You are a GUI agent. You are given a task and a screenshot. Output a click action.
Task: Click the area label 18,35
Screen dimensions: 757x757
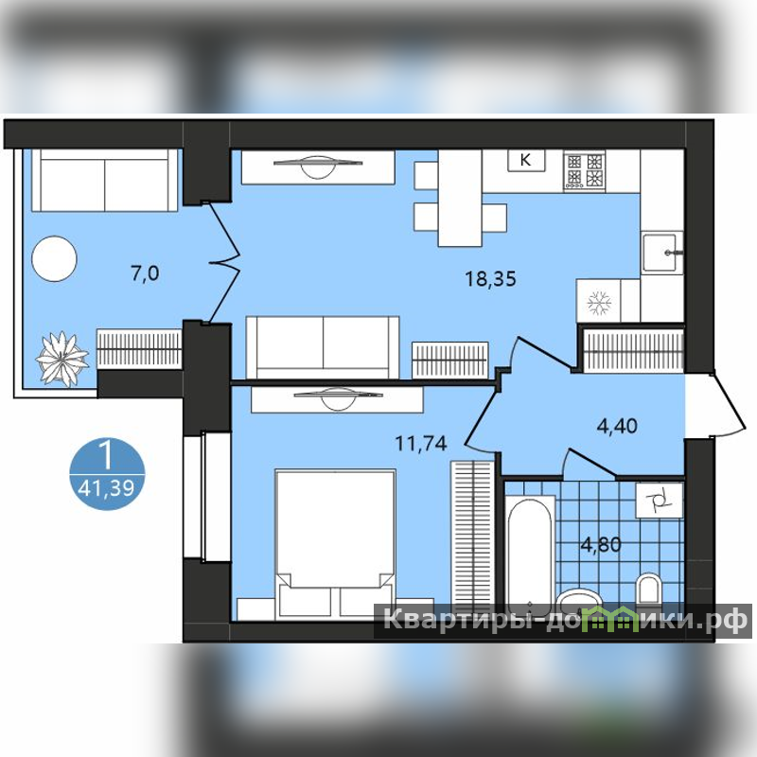pos(490,279)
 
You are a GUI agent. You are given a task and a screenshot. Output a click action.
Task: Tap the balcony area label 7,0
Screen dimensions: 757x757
pos(145,273)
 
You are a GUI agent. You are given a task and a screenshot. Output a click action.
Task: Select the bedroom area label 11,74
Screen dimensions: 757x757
pos(421,443)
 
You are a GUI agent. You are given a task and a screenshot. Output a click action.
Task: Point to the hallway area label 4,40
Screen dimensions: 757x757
pos(617,426)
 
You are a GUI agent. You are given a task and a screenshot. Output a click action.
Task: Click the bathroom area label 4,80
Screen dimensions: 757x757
pos(601,545)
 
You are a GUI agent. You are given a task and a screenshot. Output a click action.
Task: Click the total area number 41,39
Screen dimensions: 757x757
pos(106,488)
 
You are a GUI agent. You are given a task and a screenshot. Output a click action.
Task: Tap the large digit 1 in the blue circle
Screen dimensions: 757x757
pos(106,455)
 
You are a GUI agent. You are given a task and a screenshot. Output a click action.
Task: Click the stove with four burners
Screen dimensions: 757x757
pos(584,170)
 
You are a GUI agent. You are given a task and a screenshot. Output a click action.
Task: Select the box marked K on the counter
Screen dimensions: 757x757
pos(526,159)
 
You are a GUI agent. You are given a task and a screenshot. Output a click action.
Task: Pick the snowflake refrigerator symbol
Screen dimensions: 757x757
pos(599,303)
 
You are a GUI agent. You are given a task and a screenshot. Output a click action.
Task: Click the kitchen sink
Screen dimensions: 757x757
pos(661,253)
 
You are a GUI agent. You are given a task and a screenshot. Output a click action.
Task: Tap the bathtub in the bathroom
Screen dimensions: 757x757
pos(530,551)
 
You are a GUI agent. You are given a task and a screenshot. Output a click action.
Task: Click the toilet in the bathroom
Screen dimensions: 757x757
pos(648,588)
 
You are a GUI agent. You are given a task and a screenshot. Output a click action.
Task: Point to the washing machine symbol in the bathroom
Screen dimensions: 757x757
pos(660,502)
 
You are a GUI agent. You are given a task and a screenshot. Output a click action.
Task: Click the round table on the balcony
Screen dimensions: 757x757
pos(54,258)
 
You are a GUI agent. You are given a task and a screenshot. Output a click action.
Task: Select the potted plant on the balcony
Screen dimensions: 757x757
pos(62,359)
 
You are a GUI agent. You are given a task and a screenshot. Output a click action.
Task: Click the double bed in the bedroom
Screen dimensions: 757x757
pos(336,543)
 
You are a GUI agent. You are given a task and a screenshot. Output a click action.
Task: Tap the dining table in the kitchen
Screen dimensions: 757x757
pos(460,199)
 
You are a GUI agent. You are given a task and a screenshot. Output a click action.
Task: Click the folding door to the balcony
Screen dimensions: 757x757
pos(222,262)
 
